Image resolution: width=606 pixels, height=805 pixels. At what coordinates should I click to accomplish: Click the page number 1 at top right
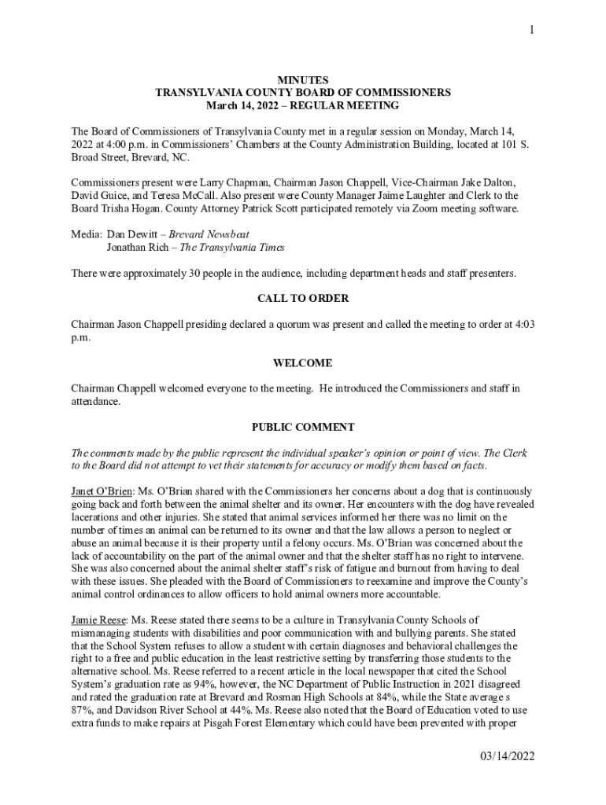point(532,30)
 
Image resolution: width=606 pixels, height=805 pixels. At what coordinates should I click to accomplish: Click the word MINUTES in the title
point(303,80)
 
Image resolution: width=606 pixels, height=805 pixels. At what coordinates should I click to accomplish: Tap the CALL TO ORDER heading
point(303,299)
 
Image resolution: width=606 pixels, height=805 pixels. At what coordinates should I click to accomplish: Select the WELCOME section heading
point(303,363)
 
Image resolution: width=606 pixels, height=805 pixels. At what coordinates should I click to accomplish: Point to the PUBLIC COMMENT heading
point(303,428)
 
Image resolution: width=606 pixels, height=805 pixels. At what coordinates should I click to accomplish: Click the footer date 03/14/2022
point(508,756)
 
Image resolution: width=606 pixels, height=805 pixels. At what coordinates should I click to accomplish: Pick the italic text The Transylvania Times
point(232,248)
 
